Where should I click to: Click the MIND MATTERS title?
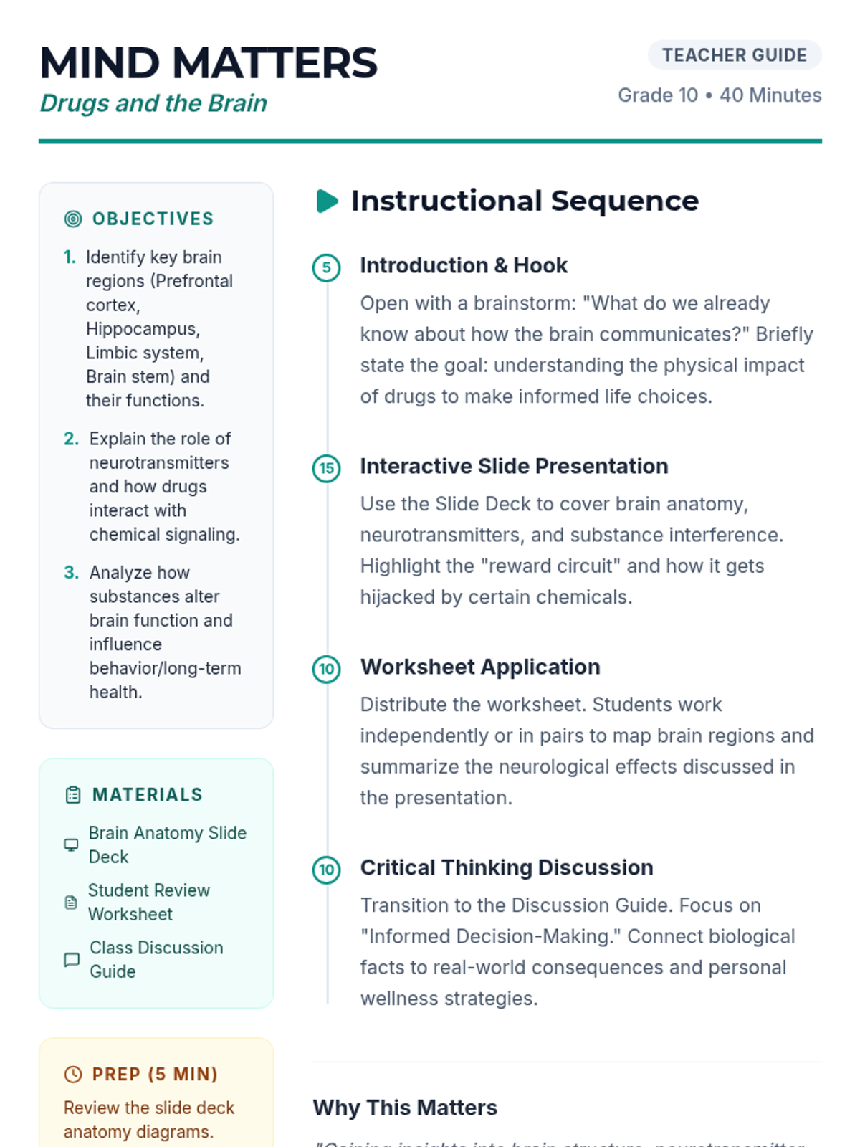208,63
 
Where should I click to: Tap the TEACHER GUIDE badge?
734,55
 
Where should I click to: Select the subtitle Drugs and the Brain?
153,103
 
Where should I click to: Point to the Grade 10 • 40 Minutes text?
720,95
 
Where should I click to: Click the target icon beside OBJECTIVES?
73,219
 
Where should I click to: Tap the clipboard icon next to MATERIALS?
73,795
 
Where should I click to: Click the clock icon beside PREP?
73,1074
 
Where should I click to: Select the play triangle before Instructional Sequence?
327,201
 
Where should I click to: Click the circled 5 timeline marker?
327,268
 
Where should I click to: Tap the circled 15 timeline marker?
327,469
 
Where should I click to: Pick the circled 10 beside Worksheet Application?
327,670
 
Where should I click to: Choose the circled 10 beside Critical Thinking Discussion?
327,870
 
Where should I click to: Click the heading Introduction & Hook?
464,266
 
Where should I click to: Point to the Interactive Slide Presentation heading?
514,467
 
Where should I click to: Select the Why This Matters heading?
405,1108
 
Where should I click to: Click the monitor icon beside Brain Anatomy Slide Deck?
72,844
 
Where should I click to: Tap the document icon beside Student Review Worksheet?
71,903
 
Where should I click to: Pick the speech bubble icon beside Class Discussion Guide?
72,959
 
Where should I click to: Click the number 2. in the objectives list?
72,439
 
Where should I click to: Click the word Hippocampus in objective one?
142,329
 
